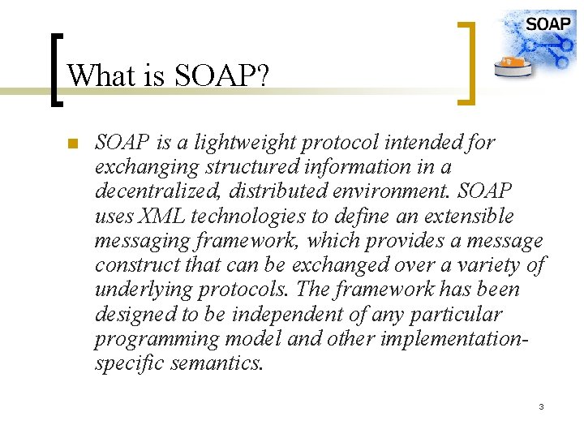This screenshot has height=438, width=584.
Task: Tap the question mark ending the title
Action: pos(263,76)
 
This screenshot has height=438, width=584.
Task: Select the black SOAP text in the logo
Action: pos(547,24)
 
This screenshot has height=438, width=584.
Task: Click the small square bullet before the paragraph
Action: pos(71,145)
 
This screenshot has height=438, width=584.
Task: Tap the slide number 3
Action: pos(541,406)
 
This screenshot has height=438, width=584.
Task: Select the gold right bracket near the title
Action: pos(466,63)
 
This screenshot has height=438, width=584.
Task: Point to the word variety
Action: pos(492,265)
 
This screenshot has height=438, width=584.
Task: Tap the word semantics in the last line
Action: pos(217,363)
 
